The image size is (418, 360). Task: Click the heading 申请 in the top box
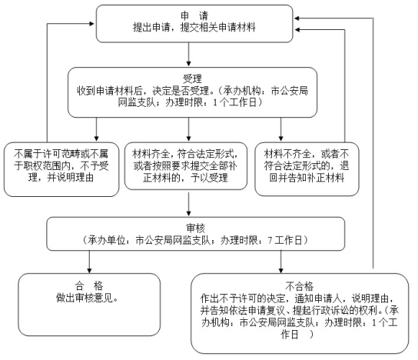[x=194, y=15]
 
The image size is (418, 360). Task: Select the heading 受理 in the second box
[x=192, y=78]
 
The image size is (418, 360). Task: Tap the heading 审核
[x=195, y=228]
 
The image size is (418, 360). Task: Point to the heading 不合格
[x=299, y=286]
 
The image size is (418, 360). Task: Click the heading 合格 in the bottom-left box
[x=89, y=286]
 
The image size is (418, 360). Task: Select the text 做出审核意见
[x=87, y=298]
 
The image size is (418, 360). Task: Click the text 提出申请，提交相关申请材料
[x=194, y=27]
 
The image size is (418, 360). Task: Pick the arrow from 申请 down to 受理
[x=189, y=54]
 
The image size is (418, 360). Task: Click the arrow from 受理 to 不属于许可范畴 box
[x=97, y=129]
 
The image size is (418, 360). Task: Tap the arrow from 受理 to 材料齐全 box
[x=189, y=129]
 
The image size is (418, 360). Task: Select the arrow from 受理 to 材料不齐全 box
[x=280, y=129]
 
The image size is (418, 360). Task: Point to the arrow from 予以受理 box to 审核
[x=189, y=204]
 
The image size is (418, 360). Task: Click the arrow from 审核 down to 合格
[x=89, y=262]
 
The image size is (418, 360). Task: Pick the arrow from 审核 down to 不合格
[x=280, y=262]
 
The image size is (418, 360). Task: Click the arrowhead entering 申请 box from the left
[x=92, y=24]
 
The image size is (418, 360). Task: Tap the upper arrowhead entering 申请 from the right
[x=297, y=18]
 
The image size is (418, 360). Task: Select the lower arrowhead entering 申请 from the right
[x=297, y=30]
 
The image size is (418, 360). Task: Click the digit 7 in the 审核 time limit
[x=270, y=241]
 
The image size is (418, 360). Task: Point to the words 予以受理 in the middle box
[x=209, y=178]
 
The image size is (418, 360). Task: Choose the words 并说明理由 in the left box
[x=71, y=178]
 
